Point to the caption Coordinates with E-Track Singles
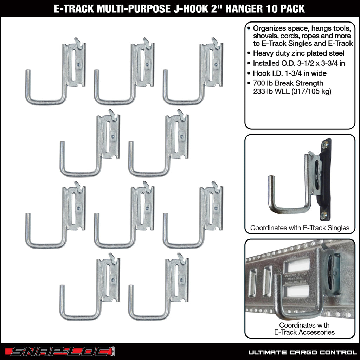pos(300,228)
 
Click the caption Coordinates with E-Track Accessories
pos(300,328)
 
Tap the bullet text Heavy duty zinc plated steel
pos(298,53)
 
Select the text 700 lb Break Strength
pos(288,83)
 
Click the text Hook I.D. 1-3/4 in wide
pos(290,73)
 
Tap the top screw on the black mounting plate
pos(326,143)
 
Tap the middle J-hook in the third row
pos(125,216)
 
